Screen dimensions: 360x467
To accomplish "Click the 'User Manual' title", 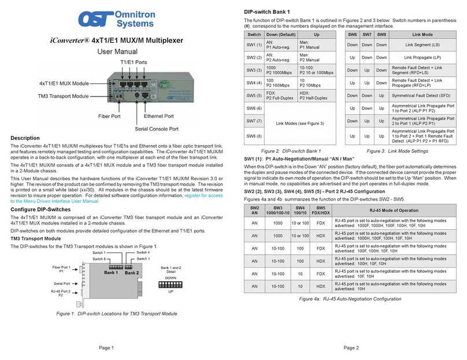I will (x=117, y=51).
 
